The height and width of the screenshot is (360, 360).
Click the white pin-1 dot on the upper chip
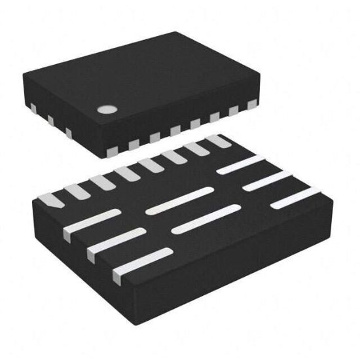105,109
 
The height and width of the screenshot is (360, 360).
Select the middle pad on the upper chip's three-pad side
49,121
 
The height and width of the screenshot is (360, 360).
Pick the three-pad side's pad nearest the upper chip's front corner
67,134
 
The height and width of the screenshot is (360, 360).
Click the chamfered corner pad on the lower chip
50,200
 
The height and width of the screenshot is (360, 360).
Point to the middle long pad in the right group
268,180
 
